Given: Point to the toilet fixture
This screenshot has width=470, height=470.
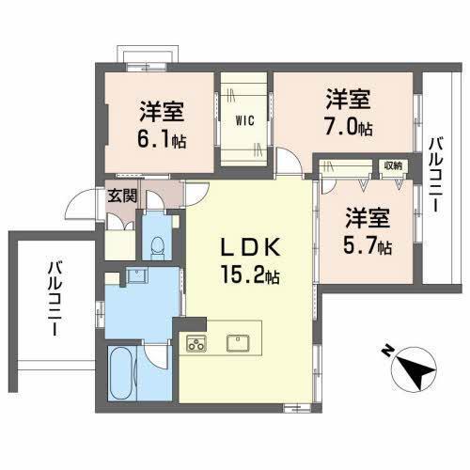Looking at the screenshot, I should tap(158, 246).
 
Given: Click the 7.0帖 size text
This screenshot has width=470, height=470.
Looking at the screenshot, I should tap(348, 126).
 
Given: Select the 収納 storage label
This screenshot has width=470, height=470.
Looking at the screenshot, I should tap(392, 166).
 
